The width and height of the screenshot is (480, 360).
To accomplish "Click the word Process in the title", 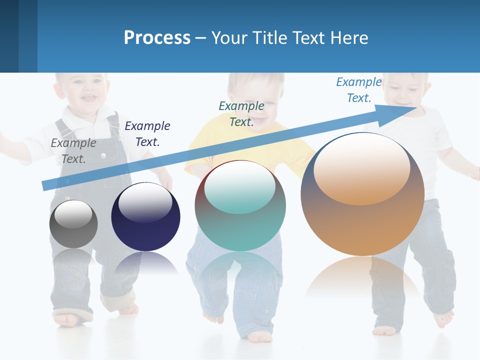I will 156,37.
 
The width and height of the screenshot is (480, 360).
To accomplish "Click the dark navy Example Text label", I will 147,134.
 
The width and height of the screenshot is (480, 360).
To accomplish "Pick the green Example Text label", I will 241,113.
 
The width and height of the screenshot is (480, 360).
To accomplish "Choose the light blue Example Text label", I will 358,90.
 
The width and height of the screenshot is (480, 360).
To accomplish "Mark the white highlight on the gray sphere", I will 73,214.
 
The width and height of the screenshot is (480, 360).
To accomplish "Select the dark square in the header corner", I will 9,36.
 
